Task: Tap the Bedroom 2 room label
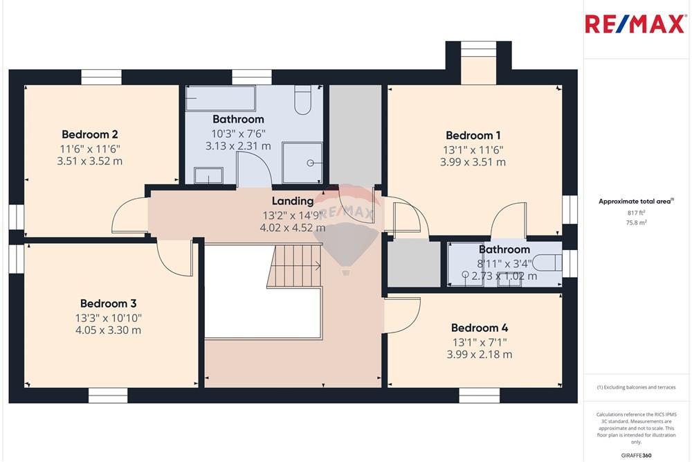coord(90,134)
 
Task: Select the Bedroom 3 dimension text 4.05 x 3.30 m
coord(109,330)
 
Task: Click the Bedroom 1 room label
coord(473,136)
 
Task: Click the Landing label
coord(292,201)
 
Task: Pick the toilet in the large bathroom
coord(303,100)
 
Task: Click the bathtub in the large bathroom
coord(220,98)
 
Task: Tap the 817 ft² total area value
coord(635,213)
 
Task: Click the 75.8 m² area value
coord(635,223)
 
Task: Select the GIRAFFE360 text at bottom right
coord(637,455)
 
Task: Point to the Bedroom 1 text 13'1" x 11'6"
coord(473,150)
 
